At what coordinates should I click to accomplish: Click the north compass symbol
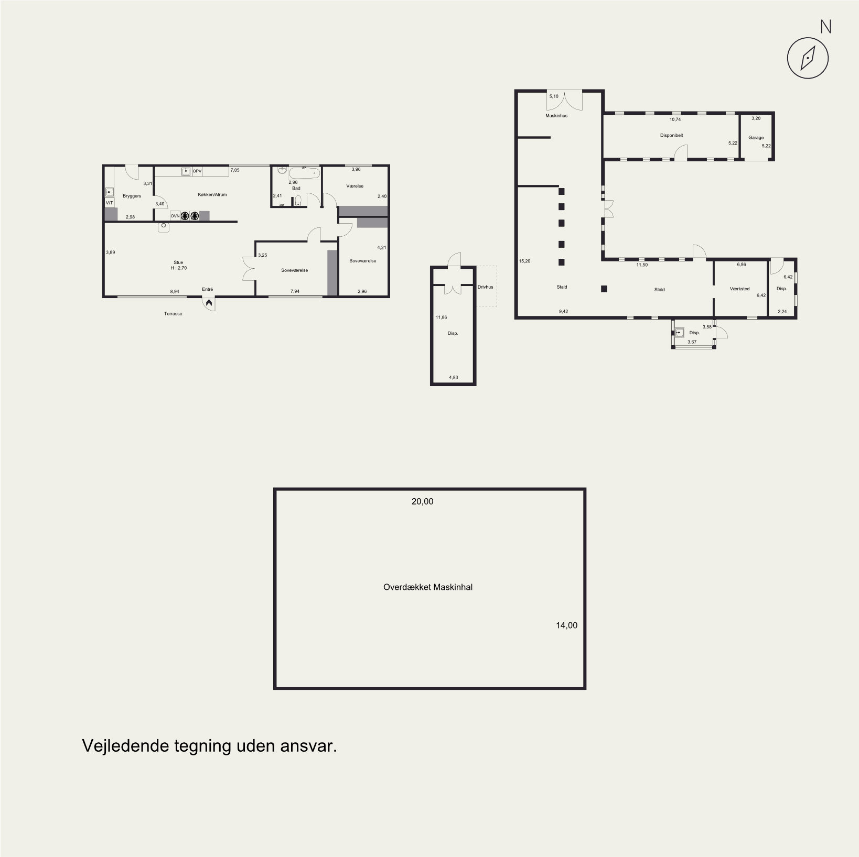[808, 58]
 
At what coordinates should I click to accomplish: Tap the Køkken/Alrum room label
[213, 194]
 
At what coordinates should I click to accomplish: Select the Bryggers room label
[132, 196]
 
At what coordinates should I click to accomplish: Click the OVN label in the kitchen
[175, 215]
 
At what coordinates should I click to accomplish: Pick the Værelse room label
[355, 186]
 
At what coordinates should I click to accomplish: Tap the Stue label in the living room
[178, 262]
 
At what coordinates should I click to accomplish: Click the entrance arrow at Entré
[209, 303]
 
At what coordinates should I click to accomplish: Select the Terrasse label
[173, 314]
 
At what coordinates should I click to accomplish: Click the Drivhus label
[486, 287]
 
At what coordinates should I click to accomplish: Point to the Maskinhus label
[556, 116]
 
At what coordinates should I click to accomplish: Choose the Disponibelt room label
[671, 135]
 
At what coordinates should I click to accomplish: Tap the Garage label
[756, 138]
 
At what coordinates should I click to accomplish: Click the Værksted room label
[739, 289]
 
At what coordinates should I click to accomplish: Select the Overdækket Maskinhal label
[428, 587]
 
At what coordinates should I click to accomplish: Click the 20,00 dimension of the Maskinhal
[423, 501]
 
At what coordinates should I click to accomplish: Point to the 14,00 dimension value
[567, 625]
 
